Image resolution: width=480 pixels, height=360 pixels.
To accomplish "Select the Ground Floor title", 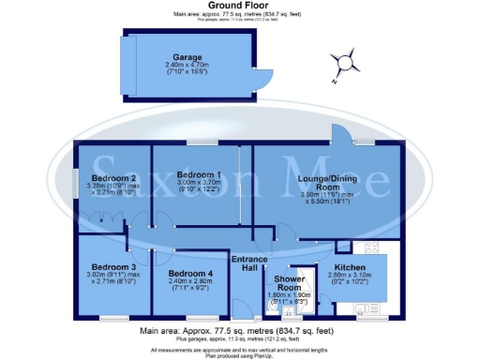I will coord(239,6).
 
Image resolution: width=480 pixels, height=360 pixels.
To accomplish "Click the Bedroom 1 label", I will coord(199,175).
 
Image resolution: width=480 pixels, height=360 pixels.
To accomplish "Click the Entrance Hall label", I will coord(250,264).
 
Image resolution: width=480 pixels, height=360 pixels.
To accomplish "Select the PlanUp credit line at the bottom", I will coord(239,355).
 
